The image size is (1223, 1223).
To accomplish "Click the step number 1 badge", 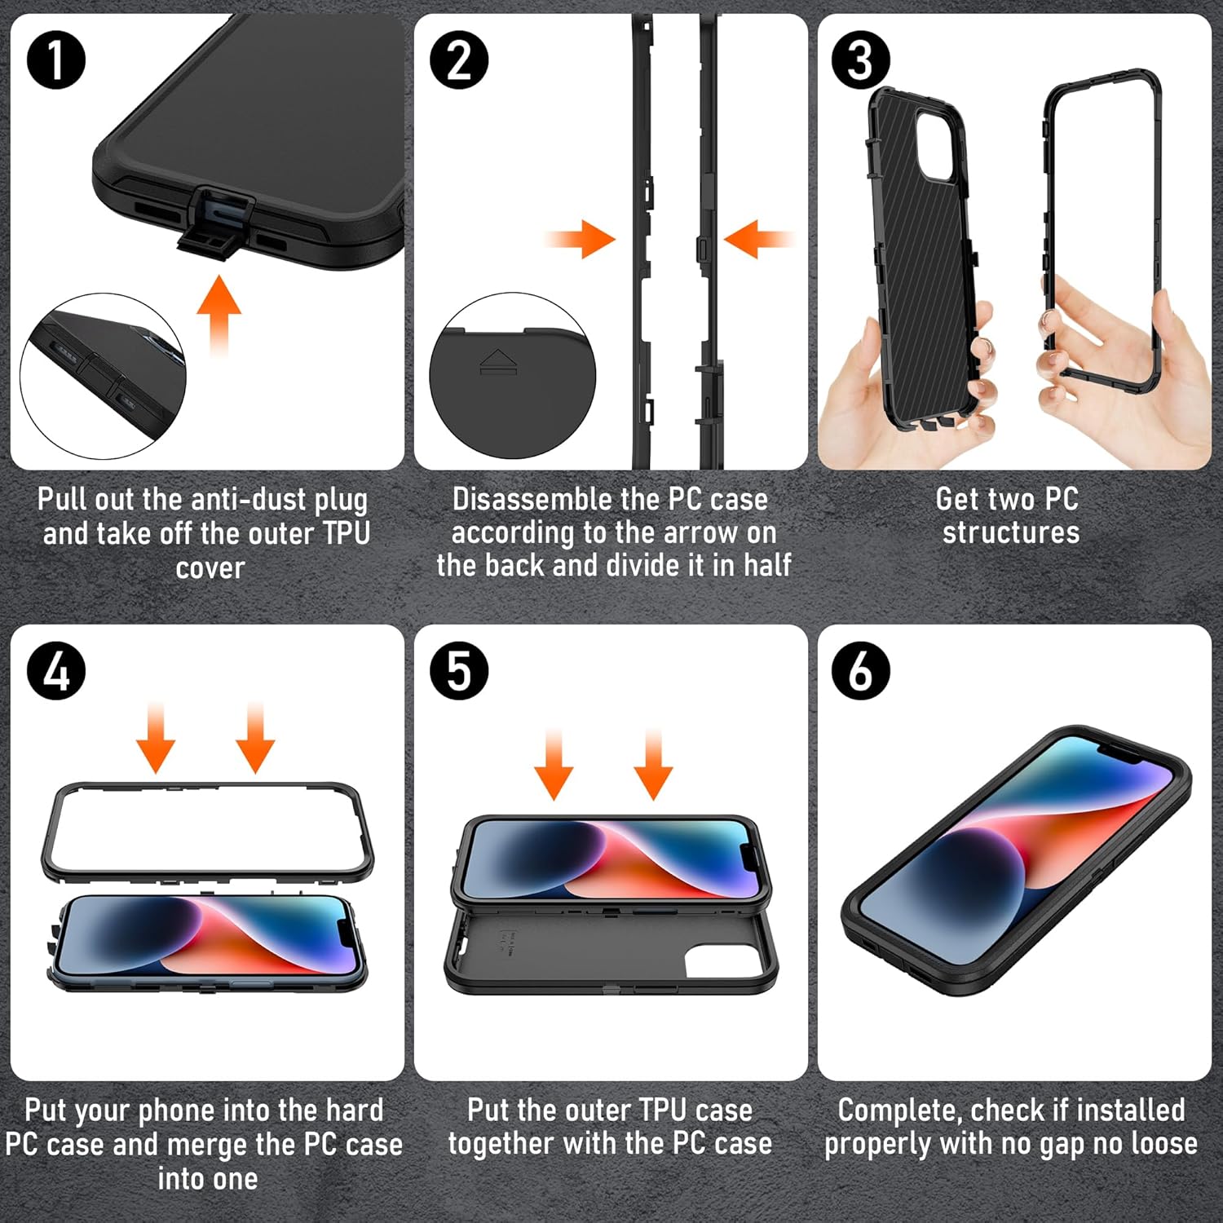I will tap(55, 61).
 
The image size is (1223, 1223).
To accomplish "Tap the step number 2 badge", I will tap(459, 61).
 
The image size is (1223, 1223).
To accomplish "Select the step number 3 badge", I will tap(861, 61).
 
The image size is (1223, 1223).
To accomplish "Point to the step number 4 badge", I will tap(55, 672).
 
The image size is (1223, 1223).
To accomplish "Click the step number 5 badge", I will tap(459, 672).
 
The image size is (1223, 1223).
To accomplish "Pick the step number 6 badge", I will tap(861, 672).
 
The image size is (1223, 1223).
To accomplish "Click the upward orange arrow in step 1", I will tap(219, 314).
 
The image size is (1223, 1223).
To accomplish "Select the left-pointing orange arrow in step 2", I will tap(757, 239).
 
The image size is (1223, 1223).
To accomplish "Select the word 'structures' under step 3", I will tap(1011, 532).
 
